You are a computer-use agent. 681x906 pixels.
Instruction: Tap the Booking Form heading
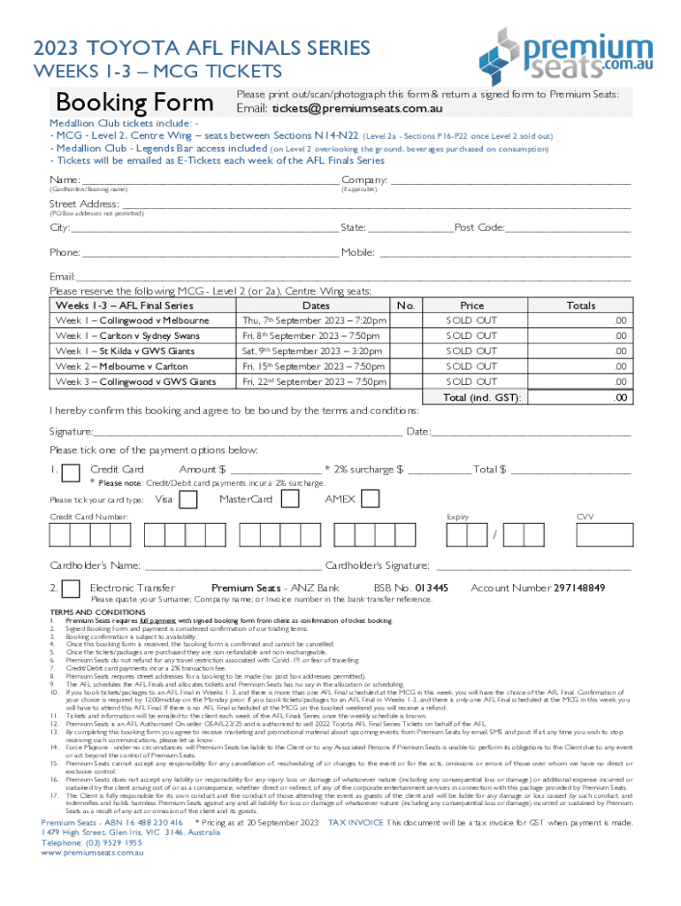tap(134, 102)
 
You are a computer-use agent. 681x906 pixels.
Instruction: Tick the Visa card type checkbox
tap(188, 500)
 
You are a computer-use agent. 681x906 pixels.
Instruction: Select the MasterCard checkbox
tap(290, 500)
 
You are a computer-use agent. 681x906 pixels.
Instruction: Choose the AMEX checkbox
tap(371, 500)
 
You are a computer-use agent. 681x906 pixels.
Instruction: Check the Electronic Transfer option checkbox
tap(73, 589)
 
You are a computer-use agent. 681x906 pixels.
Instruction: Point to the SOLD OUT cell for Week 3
tap(471, 381)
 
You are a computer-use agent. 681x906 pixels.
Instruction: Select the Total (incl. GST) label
tap(482, 398)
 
